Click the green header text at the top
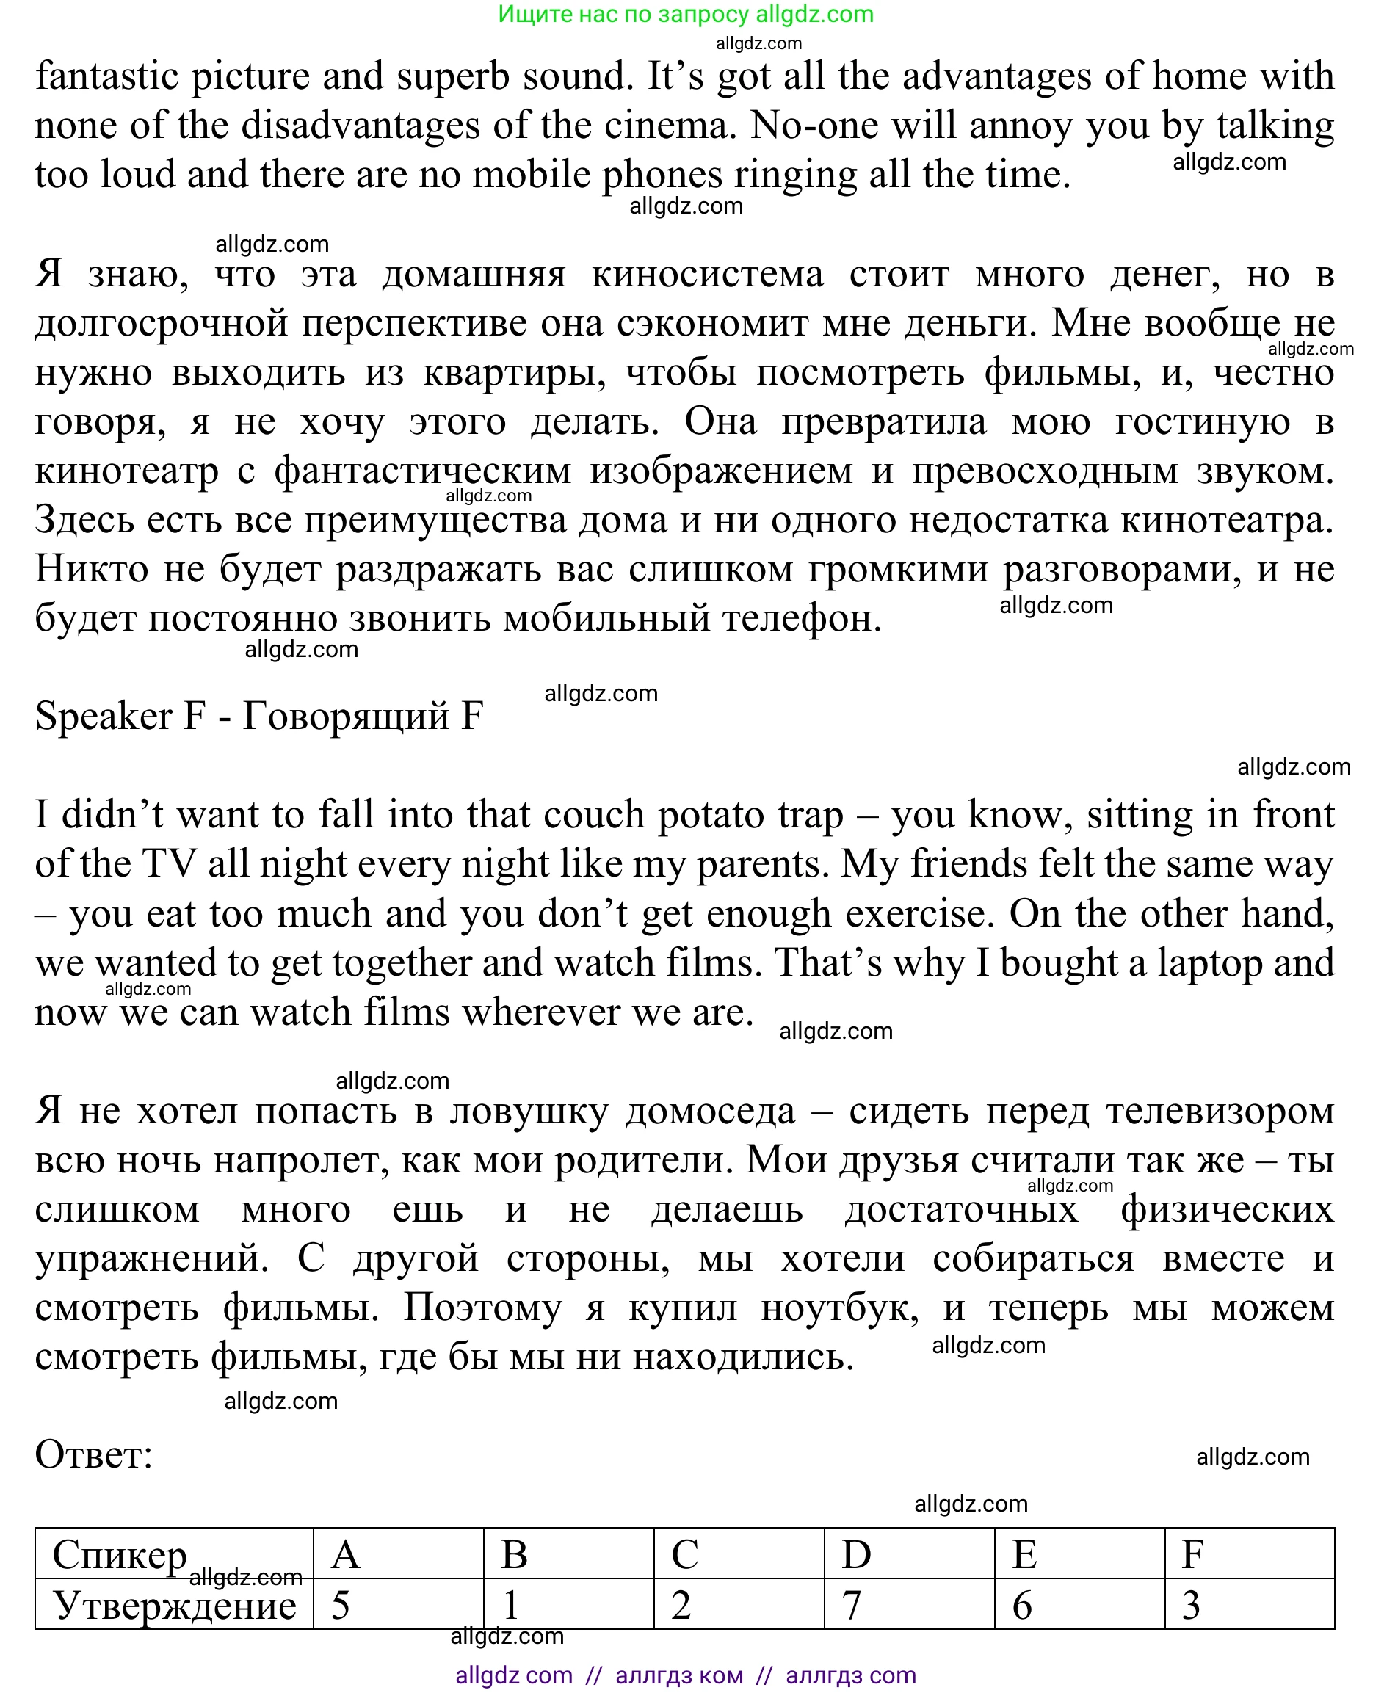pos(685,14)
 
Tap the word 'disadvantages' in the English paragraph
pos(361,126)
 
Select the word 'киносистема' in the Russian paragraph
pos(707,275)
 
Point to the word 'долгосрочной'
pos(162,324)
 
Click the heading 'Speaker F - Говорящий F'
pos(258,716)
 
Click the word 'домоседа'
pos(710,1111)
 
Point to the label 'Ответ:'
pos(93,1454)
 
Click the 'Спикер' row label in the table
pos(120,1555)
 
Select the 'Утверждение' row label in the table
pos(174,1605)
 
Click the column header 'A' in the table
pos(346,1555)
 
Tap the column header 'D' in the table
pos(856,1555)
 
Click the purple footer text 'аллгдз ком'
pos(678,1675)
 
